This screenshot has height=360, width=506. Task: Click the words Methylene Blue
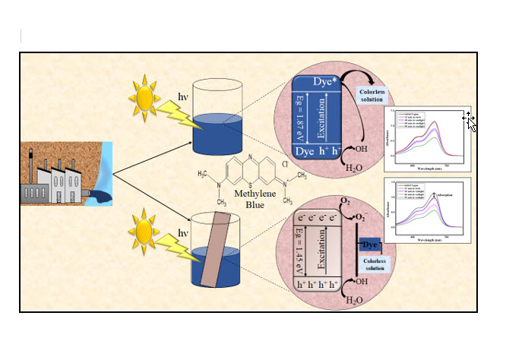pos(249,199)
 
